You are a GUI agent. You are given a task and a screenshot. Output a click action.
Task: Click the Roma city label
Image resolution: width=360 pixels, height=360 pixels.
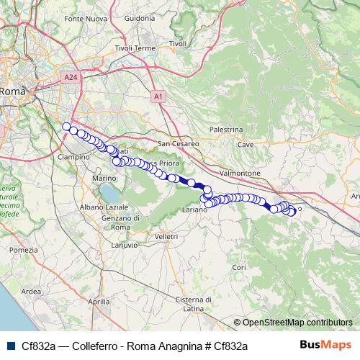click(12, 91)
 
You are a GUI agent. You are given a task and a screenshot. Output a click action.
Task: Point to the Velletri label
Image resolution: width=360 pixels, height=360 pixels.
click(166, 235)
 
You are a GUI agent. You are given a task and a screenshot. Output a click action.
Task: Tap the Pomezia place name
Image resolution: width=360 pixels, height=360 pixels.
click(23, 250)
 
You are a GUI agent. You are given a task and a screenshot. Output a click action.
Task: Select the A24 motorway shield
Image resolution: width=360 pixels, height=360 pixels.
click(69, 76)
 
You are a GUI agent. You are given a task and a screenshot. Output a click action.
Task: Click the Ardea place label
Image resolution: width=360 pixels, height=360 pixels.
click(32, 291)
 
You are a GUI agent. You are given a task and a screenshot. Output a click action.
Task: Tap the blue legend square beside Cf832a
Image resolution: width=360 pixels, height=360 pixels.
click(9, 346)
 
